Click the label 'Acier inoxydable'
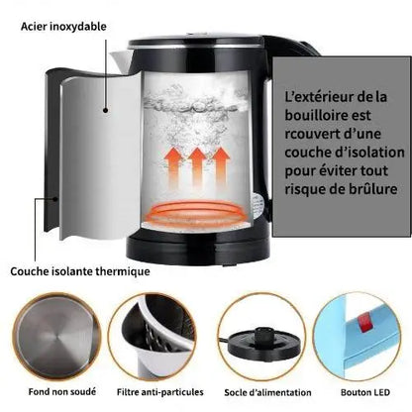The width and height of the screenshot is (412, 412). tap(63, 27)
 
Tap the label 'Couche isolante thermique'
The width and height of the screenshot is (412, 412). tap(80, 271)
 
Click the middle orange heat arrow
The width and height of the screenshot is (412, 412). tap(197, 167)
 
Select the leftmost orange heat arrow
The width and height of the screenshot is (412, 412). tap(174, 167)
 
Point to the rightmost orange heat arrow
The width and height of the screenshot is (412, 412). tap(221, 167)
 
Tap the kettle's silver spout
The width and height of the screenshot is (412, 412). tap(121, 61)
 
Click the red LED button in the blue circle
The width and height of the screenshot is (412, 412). tap(365, 323)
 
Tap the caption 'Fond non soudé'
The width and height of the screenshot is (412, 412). tap(62, 392)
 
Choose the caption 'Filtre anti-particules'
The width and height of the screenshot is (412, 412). tap(160, 392)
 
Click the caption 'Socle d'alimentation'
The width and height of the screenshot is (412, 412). tap(267, 392)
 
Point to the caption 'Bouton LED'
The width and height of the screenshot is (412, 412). tap(365, 392)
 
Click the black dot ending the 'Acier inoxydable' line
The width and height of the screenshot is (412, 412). tap(106, 110)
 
